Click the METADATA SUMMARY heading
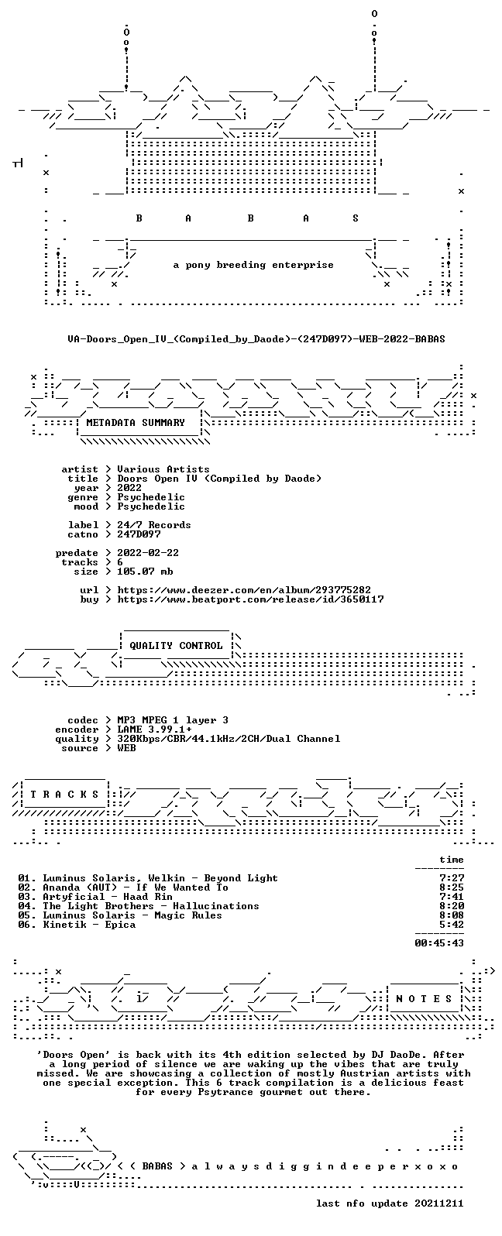pos(136,423)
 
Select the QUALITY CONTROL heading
pos(176,646)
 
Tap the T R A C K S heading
pos(64,795)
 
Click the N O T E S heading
pos(424,999)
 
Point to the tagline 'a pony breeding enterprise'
pos(253,266)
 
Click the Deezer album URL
pos(244,590)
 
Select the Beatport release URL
pos(250,599)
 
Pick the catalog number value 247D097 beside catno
pos(139,534)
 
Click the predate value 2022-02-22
pos(148,553)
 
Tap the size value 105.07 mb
pos(145,572)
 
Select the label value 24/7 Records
pos(154,525)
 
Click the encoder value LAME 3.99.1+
pos(155,730)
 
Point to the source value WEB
pos(126,748)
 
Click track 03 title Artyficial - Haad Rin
pos(108,897)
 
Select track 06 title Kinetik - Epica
pos(89,925)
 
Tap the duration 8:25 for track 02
pos(452,888)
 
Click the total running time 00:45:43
pos(439,943)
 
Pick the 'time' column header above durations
pos(452,860)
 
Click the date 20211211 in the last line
pos(439,1203)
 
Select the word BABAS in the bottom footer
pos(157,1166)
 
